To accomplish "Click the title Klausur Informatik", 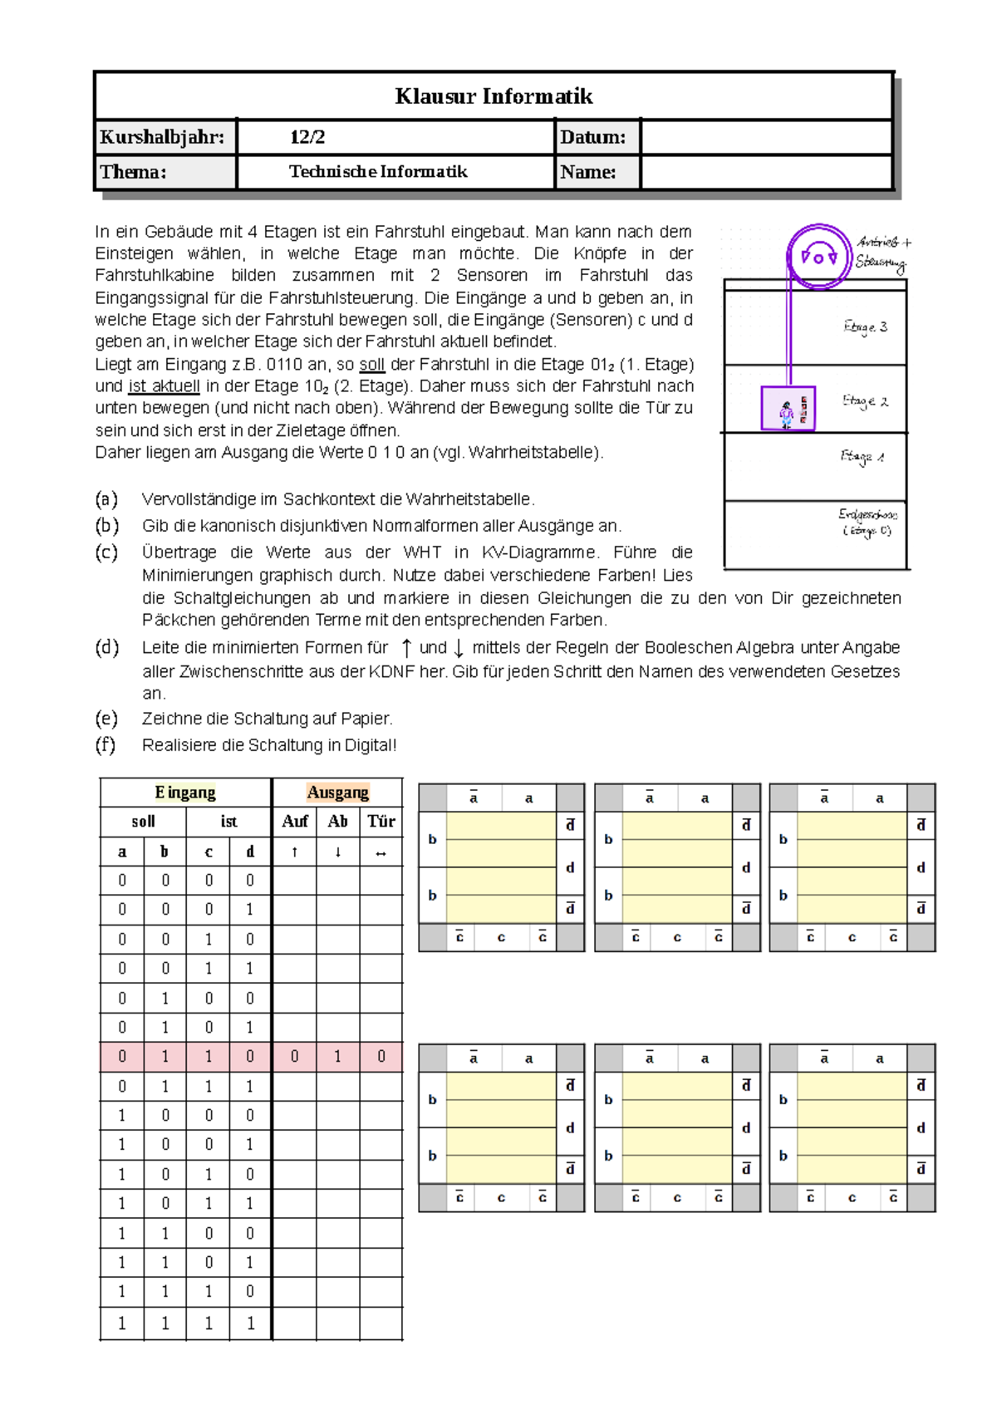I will point(494,96).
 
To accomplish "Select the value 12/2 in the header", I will point(307,137).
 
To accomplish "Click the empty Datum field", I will point(765,137).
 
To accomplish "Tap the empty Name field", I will point(765,172).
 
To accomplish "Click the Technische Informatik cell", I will point(378,172).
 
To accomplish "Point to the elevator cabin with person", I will point(788,408).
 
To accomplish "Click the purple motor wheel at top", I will point(818,256).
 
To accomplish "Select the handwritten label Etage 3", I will point(865,327).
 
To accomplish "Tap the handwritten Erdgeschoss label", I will point(867,522).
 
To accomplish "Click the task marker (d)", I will point(106,647).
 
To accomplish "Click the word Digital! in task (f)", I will point(371,745).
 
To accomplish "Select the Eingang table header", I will point(184,793).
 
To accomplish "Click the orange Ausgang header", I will point(337,793).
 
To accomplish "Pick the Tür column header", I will point(381,822).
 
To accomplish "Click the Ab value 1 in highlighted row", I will point(337,1057).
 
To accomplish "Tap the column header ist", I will point(228,822).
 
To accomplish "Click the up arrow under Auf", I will point(294,852).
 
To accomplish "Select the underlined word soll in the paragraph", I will point(371,365).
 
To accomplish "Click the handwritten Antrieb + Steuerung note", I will point(882,253).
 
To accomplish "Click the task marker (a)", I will point(106,499).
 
